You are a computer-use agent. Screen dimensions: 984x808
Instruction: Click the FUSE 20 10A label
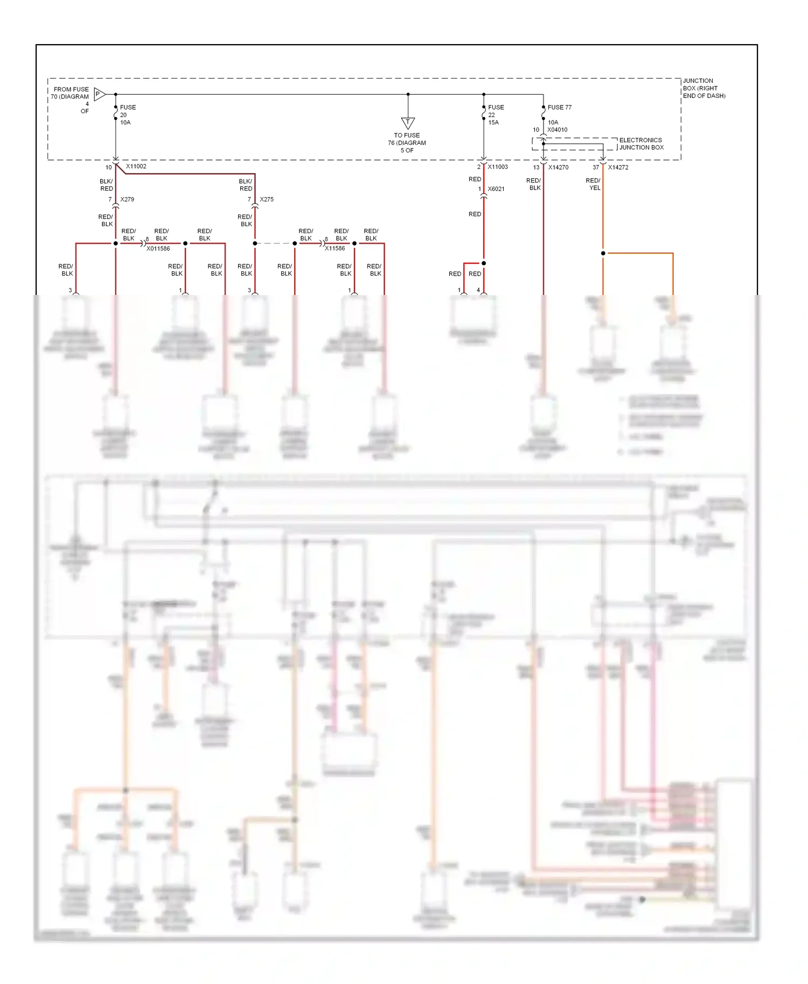pos(128,115)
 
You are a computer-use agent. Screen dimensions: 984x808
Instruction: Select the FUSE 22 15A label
pos(496,115)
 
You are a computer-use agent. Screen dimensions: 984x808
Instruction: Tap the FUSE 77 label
pos(559,107)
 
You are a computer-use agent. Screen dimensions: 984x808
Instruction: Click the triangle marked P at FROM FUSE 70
pos(99,94)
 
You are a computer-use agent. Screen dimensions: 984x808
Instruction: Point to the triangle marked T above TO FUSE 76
pos(408,123)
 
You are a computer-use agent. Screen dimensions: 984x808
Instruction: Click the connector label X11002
pos(136,166)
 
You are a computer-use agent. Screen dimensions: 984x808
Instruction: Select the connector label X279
pos(127,199)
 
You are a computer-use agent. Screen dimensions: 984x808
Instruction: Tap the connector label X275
pos(267,199)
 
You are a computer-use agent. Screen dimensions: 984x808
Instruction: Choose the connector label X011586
pos(158,249)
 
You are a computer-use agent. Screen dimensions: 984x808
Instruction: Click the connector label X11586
pos(335,248)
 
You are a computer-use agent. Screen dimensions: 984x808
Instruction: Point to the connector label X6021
pos(496,189)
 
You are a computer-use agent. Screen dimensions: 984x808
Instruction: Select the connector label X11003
pos(498,167)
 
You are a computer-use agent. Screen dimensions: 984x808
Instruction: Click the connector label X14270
pos(558,167)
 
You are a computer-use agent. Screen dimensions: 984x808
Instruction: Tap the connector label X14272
pos(618,167)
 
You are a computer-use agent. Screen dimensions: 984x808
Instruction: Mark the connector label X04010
pos(557,130)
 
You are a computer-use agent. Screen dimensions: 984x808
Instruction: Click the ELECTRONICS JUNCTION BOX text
pos(641,144)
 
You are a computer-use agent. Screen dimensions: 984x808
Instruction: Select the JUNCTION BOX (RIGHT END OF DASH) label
pos(703,88)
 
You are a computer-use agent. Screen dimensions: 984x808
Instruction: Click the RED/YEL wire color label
pos(593,184)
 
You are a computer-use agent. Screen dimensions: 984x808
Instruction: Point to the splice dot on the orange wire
pos(603,253)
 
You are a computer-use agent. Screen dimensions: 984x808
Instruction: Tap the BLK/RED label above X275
pos(246,185)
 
